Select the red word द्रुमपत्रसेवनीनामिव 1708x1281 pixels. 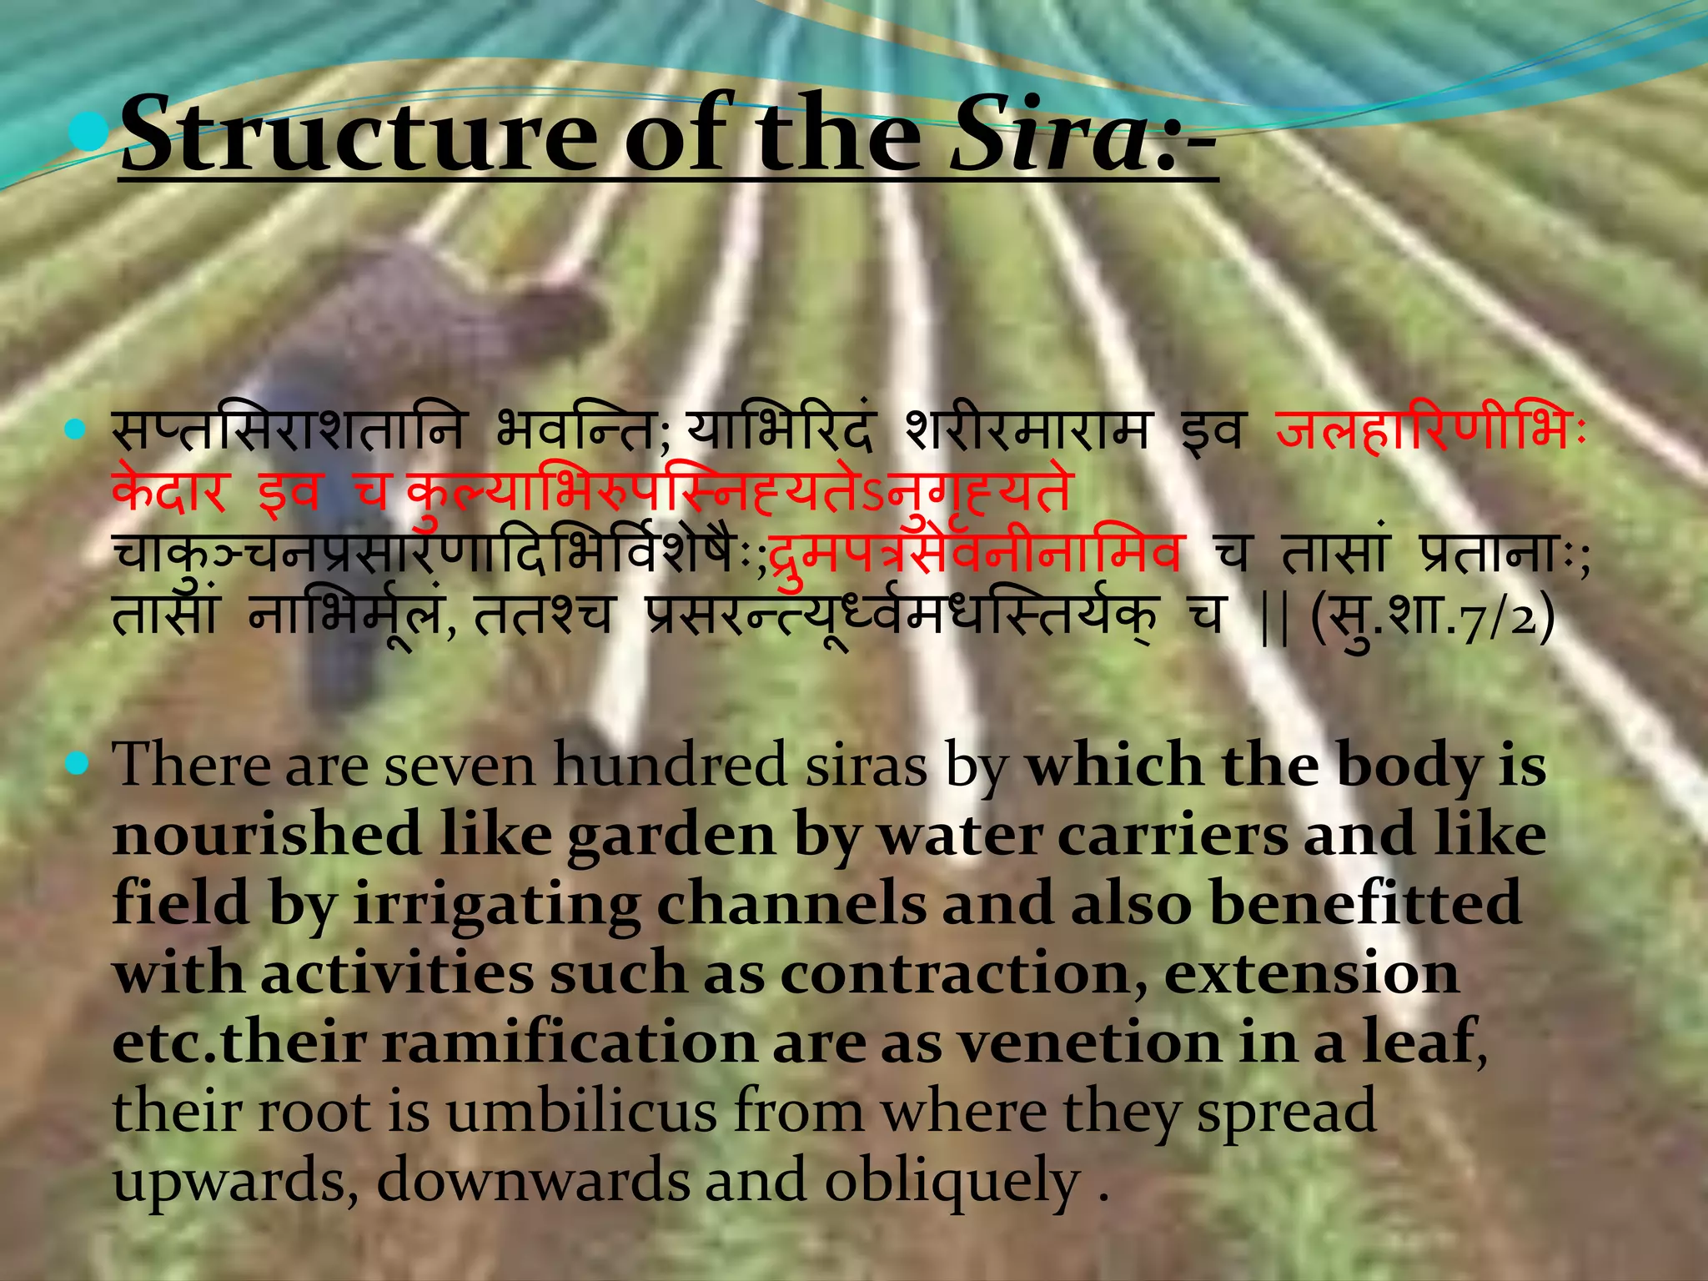[x=974, y=552]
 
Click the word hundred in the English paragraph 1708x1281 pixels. [x=670, y=766]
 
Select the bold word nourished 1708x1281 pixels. [x=267, y=835]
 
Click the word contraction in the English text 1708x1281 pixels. [x=962, y=974]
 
